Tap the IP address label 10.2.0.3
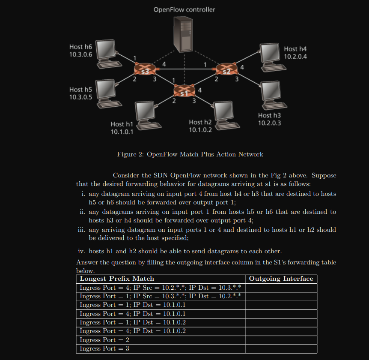pyautogui.click(x=270, y=123)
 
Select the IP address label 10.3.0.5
pyautogui.click(x=80, y=97)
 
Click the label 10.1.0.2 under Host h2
pyautogui.click(x=200, y=130)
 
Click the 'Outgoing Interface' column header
pyautogui.click(x=281, y=279)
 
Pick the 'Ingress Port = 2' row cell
pyautogui.click(x=104, y=340)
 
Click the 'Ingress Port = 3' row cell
pyautogui.click(x=104, y=348)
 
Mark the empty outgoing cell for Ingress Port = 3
pyautogui.click(x=281, y=348)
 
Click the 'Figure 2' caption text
pyautogui.click(x=190, y=154)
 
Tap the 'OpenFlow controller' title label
pyautogui.click(x=184, y=9)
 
